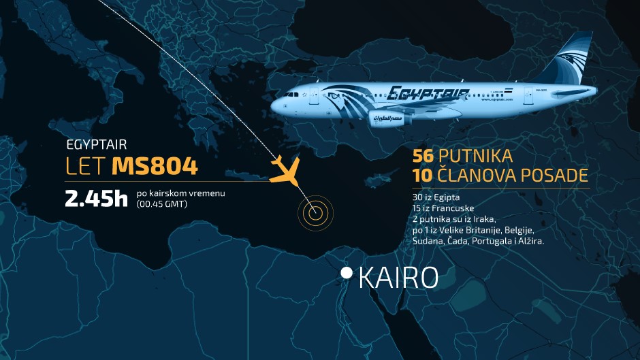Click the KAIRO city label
398,278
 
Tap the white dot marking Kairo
347,273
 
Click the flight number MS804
155,166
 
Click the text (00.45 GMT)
162,203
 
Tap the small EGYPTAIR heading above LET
97,145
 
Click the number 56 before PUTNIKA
424,156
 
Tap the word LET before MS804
86,166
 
